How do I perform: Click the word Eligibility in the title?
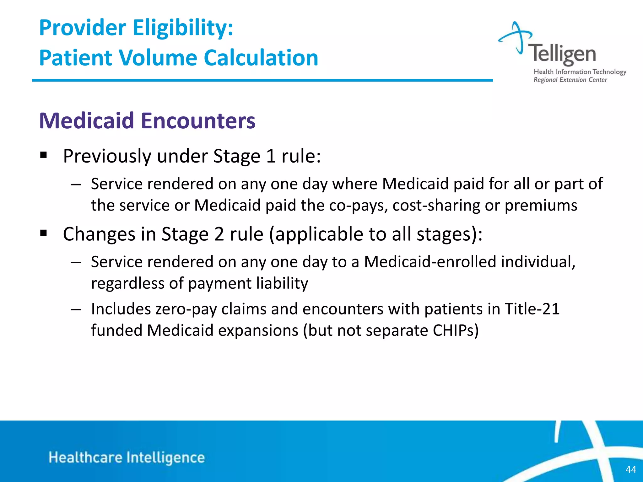(183, 28)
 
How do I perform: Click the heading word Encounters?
(198, 121)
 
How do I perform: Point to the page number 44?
(631, 469)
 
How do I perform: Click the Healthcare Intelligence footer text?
(127, 458)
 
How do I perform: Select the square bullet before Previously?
(44, 155)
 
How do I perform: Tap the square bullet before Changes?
(44, 233)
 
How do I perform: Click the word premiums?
(541, 206)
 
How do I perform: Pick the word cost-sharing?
(436, 206)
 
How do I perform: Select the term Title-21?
(532, 309)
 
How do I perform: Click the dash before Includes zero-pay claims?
(76, 309)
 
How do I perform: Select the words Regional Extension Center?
(570, 80)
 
